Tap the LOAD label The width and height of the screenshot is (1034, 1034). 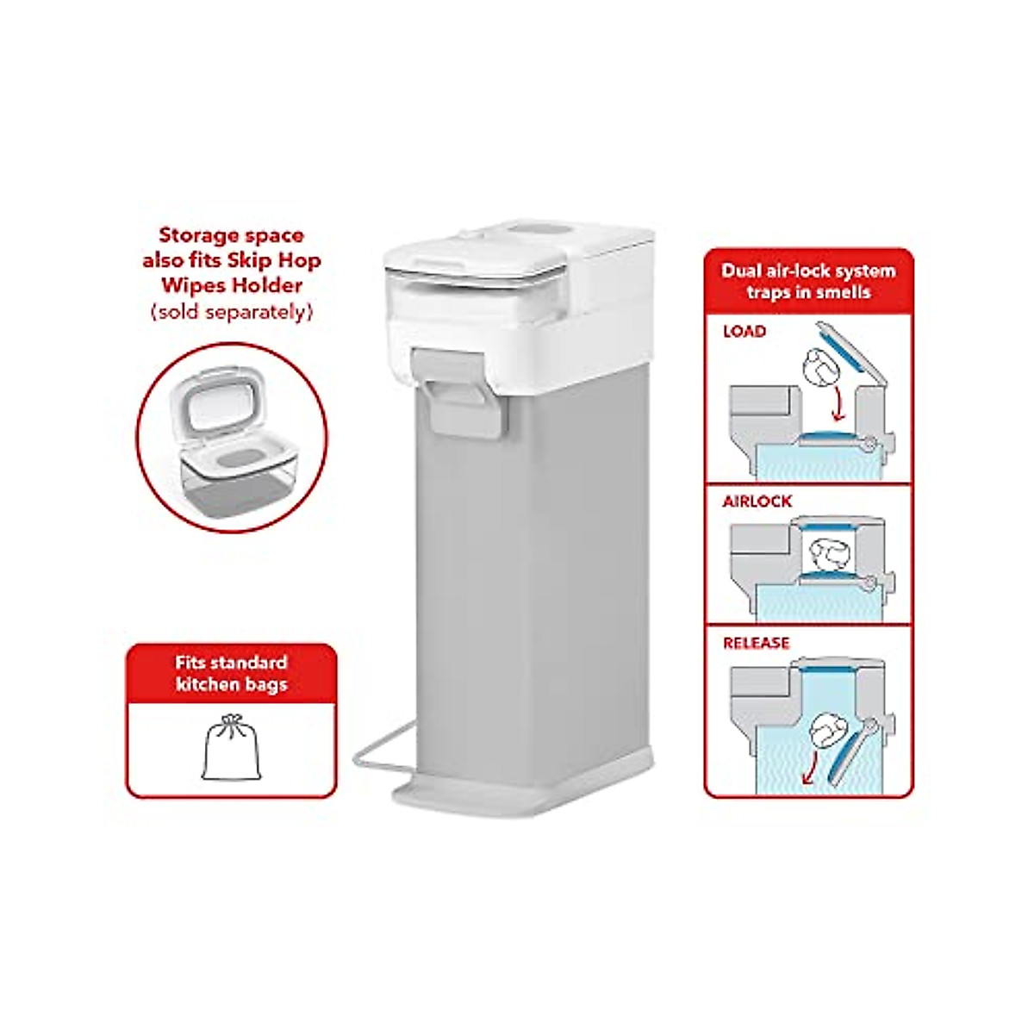(744, 332)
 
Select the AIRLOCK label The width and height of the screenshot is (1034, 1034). (757, 501)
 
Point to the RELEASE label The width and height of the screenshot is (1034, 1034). (756, 643)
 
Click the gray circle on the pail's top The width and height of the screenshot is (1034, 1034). (526, 230)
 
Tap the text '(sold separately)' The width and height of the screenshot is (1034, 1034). (231, 311)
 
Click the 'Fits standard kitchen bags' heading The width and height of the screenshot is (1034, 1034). (231, 674)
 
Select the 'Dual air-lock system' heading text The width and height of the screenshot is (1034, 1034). (808, 271)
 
